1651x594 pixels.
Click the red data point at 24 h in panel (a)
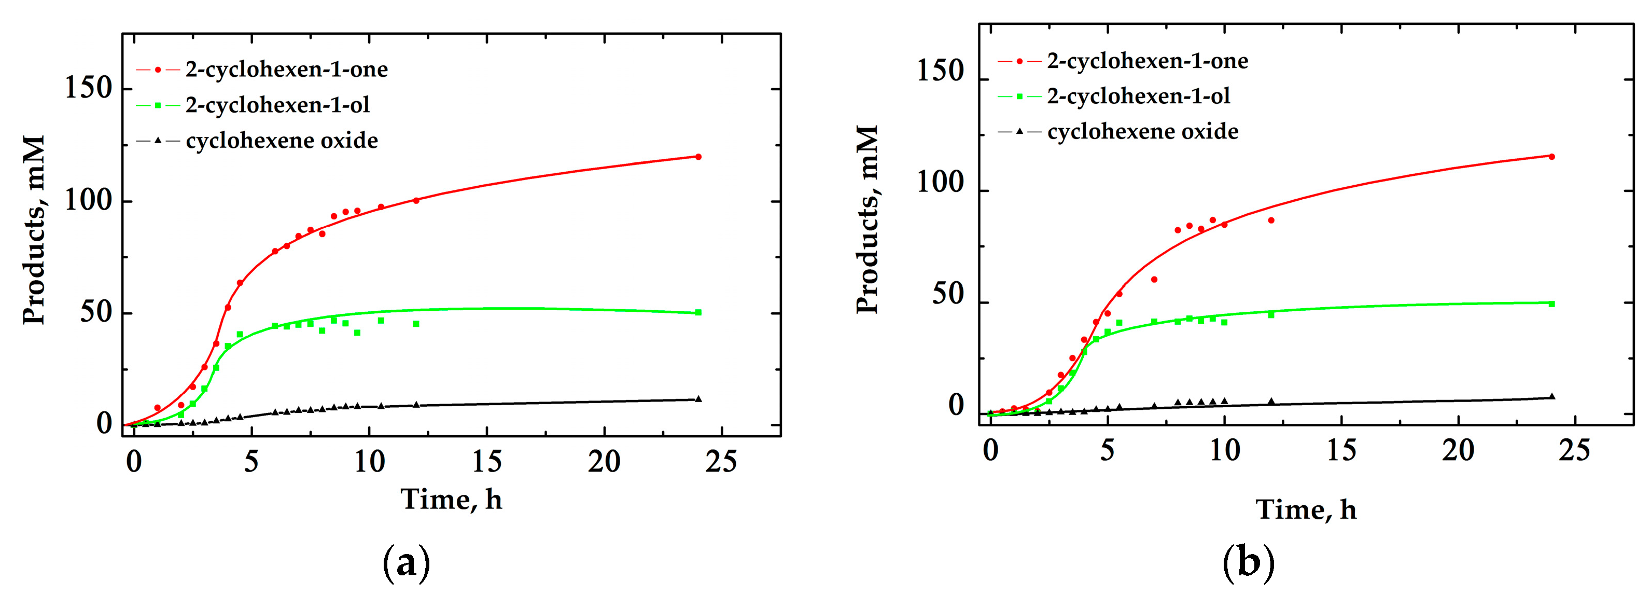(698, 157)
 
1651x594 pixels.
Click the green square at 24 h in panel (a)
(698, 312)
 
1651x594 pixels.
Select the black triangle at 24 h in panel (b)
(1551, 396)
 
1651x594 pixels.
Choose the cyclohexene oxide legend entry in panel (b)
(1142, 131)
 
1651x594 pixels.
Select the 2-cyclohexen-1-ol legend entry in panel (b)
(1138, 96)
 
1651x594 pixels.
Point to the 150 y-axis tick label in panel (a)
(89, 89)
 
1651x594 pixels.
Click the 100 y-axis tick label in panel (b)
(941, 184)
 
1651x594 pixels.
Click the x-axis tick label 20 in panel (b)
(1458, 451)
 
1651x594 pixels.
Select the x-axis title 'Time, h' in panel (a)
(451, 500)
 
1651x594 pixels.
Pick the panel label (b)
(1249, 563)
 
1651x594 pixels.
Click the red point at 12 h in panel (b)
(1271, 220)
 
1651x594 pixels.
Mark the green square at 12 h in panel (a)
(416, 324)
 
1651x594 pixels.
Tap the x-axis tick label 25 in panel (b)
(1575, 451)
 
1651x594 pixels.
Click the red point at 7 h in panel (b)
(1154, 279)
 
